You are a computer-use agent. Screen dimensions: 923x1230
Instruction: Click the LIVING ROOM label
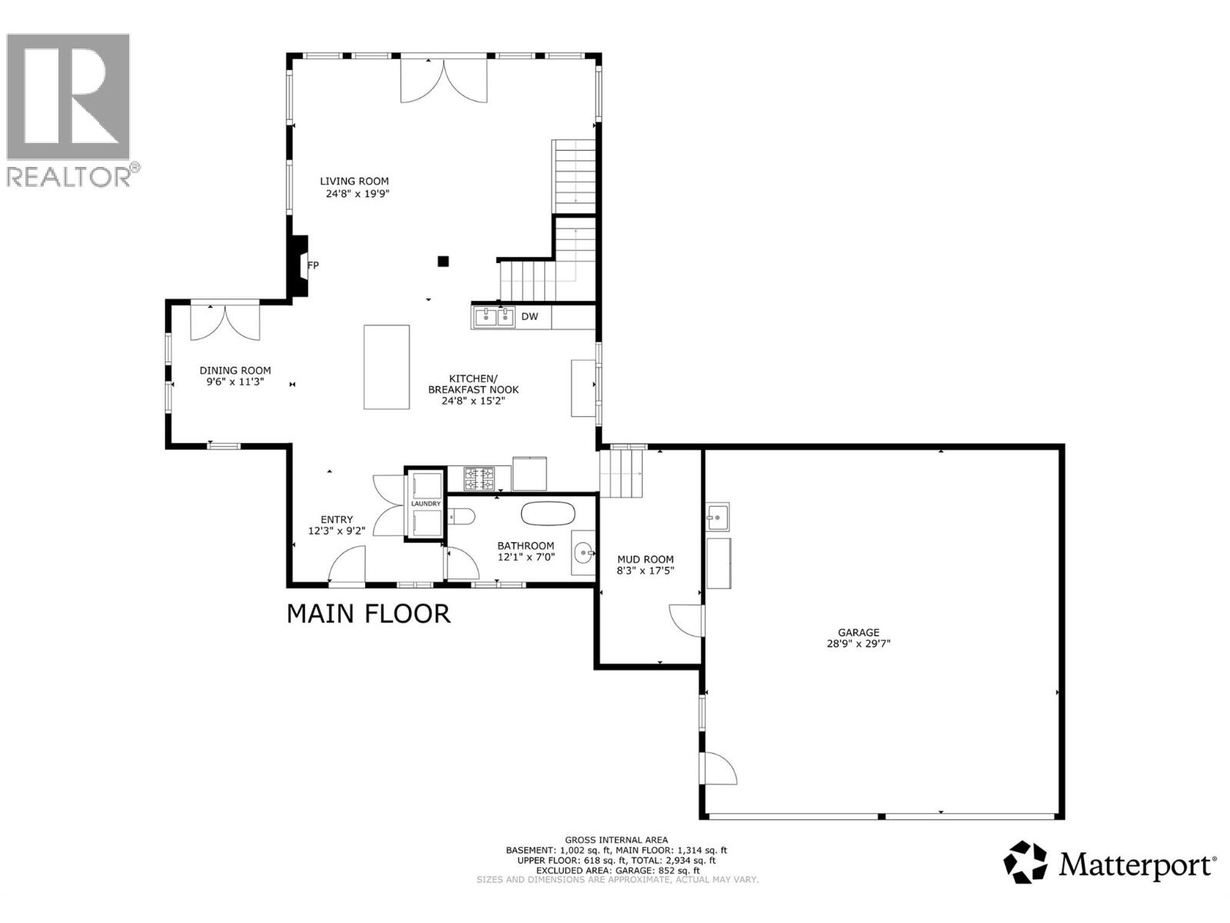[x=354, y=182]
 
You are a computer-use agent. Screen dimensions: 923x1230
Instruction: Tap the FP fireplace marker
[x=313, y=265]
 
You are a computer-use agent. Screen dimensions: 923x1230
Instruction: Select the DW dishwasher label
[x=530, y=316]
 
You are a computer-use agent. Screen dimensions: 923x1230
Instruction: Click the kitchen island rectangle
[x=386, y=367]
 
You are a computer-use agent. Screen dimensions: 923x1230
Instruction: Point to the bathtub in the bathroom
[x=548, y=513]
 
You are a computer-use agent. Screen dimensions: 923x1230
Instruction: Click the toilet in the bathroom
[x=463, y=516]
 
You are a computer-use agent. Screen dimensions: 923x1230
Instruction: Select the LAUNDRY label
[x=426, y=504]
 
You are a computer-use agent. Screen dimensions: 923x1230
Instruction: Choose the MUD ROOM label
[x=646, y=559]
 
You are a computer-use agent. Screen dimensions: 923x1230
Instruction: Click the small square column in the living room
[x=443, y=261]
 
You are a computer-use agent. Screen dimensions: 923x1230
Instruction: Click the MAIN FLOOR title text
[x=368, y=614]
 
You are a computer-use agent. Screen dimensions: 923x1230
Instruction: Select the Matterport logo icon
[x=1026, y=862]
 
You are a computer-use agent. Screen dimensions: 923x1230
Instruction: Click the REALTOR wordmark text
[x=69, y=176]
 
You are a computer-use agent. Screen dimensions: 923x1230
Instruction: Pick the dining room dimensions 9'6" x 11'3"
[x=234, y=382]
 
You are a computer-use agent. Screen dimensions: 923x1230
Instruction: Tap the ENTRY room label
[x=337, y=520]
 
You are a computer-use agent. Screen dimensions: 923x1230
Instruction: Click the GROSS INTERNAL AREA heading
[x=616, y=840]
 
